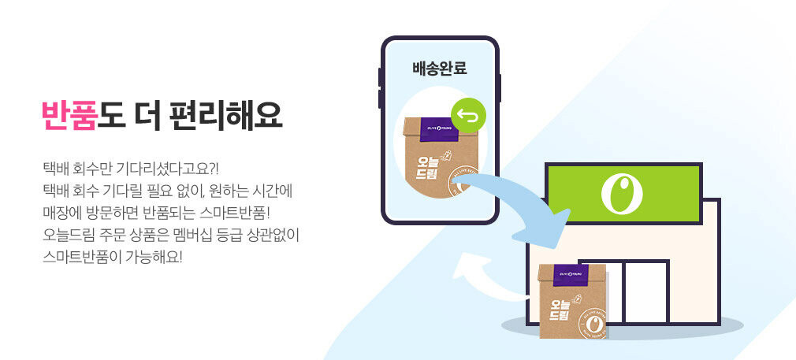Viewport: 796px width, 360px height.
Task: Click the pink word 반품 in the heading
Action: (69, 115)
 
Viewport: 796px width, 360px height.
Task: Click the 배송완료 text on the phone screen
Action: (440, 69)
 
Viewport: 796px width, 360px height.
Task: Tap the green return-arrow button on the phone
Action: (468, 117)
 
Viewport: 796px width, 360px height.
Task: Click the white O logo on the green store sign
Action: (622, 193)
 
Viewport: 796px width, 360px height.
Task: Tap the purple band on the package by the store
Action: (573, 275)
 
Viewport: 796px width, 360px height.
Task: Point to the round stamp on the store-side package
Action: (595, 324)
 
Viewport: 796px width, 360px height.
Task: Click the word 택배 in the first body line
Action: (56, 169)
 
